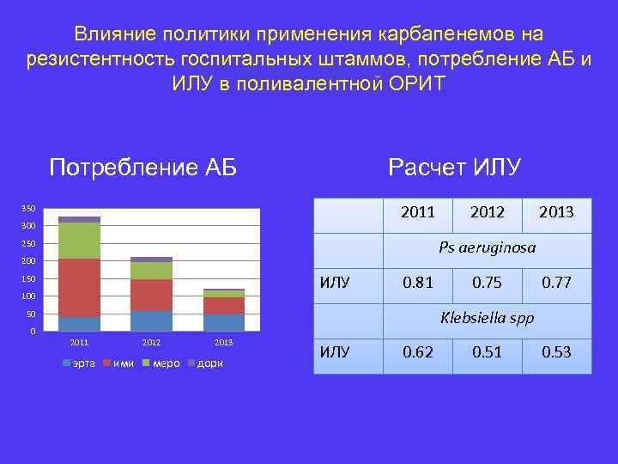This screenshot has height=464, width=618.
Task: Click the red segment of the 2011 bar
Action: (x=79, y=288)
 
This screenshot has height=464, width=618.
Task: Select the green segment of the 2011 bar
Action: (x=79, y=241)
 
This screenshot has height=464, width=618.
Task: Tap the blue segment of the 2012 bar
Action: (x=151, y=321)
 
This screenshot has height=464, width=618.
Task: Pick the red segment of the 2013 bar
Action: (x=223, y=306)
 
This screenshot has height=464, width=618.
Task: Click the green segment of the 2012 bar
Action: (x=151, y=271)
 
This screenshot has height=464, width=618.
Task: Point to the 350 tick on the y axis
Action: (x=28, y=209)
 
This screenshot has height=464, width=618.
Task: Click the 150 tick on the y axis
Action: (x=28, y=279)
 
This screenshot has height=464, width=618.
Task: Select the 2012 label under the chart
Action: (x=151, y=343)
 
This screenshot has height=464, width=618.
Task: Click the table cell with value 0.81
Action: (x=418, y=282)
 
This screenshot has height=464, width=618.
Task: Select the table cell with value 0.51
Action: (x=488, y=352)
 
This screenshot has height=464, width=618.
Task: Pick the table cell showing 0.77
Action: (x=556, y=282)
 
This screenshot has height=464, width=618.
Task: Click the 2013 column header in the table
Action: (x=556, y=211)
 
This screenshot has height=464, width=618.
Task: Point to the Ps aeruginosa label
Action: (x=487, y=247)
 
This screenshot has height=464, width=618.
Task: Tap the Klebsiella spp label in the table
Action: (x=487, y=318)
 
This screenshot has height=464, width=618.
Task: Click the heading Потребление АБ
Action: (x=142, y=167)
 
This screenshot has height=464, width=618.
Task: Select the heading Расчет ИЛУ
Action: (x=454, y=167)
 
